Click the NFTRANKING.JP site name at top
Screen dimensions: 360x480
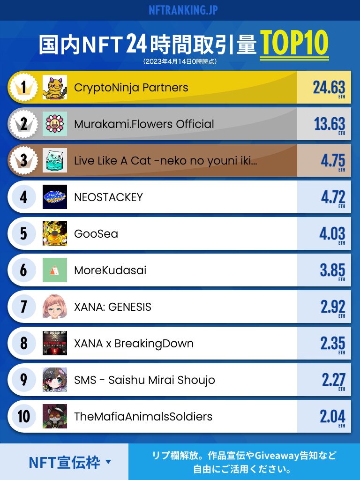click(x=183, y=10)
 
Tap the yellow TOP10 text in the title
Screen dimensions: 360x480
click(x=294, y=43)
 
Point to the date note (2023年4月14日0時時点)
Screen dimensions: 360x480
click(x=180, y=61)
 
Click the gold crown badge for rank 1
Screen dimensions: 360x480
click(x=23, y=87)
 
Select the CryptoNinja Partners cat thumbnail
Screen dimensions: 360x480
click(x=55, y=87)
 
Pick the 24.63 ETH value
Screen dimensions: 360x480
click(x=329, y=89)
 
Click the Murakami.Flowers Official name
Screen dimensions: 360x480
click(x=144, y=124)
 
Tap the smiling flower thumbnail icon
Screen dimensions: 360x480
click(x=55, y=124)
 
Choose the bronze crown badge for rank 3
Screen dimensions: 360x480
click(x=23, y=160)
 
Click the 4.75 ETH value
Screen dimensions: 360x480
click(x=333, y=162)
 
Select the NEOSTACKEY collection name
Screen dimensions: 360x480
click(x=108, y=197)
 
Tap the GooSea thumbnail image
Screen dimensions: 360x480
click(x=55, y=233)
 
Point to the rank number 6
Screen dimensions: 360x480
click(x=23, y=270)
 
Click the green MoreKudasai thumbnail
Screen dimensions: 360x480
click(x=55, y=270)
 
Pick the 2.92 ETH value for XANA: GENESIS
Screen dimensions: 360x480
click(x=333, y=308)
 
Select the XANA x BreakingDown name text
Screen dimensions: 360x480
click(x=134, y=344)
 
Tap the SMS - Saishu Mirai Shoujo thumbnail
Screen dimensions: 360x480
click(x=55, y=380)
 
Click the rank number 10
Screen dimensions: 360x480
click(x=23, y=416)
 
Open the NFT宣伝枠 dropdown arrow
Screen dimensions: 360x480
click(x=108, y=462)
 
